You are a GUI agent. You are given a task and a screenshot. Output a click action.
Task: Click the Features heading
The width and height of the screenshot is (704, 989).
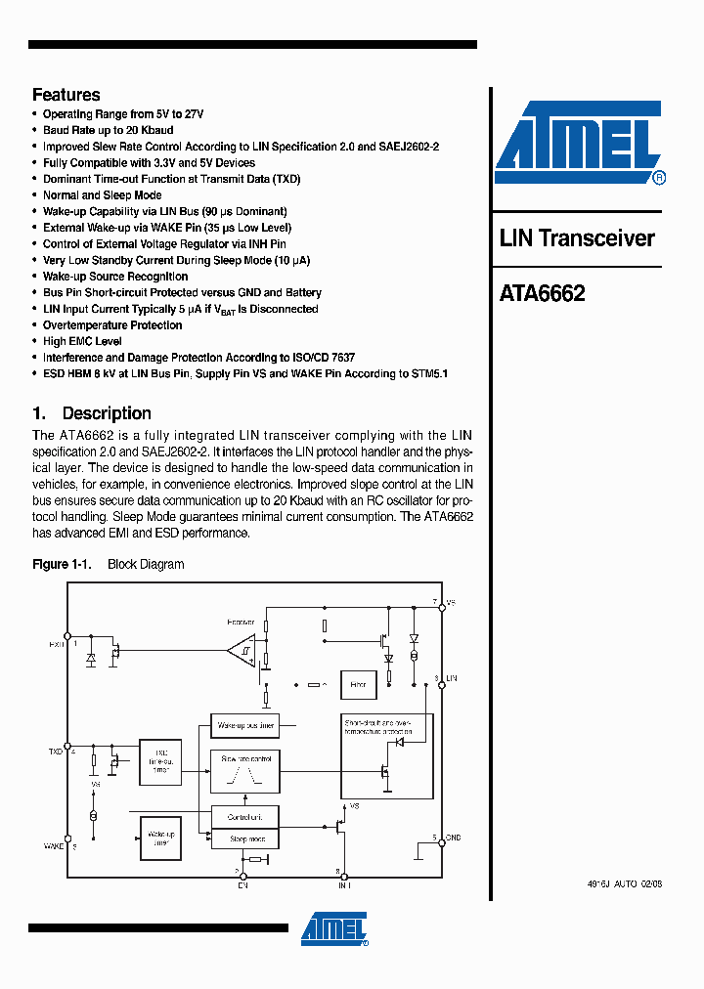(66, 95)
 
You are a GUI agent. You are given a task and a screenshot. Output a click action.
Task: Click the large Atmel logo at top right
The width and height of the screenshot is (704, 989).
(579, 143)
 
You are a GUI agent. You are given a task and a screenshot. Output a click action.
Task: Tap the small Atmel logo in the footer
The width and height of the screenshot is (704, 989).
(334, 929)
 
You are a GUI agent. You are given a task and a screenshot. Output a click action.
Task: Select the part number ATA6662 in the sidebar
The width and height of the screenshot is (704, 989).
(543, 293)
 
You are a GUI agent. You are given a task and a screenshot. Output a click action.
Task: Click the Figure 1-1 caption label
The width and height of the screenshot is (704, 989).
(62, 565)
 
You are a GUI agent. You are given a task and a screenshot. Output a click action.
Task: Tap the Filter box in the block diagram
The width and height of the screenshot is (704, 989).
(357, 685)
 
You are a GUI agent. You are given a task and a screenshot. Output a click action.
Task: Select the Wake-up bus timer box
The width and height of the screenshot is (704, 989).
(245, 726)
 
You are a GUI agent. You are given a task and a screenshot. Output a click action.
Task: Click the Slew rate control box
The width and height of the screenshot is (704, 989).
(245, 771)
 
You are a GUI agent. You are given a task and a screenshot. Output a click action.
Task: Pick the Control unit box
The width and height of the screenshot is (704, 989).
(245, 816)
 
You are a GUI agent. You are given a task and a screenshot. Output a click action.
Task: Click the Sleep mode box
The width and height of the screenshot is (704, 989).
(245, 838)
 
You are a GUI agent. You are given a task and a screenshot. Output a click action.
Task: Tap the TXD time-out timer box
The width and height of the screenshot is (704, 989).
(160, 759)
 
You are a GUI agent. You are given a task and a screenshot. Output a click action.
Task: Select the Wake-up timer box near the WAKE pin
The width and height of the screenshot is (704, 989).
(160, 838)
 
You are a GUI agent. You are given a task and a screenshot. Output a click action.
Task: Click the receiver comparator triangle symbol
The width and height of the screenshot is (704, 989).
(241, 648)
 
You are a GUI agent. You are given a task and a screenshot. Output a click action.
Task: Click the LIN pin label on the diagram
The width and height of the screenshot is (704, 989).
(452, 677)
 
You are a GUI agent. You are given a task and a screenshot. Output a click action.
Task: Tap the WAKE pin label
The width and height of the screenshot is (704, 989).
(54, 845)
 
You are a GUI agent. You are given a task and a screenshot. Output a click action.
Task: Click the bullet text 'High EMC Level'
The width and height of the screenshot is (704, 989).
(82, 342)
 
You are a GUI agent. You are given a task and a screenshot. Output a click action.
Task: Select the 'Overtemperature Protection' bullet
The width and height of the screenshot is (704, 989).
(112, 325)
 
